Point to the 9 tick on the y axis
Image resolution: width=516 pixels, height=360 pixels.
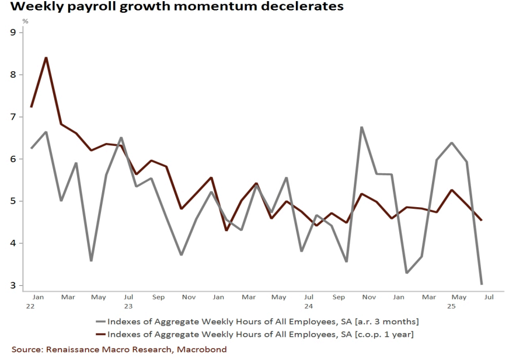pyautogui.click(x=13, y=33)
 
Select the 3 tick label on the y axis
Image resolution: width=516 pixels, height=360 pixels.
pyautogui.click(x=13, y=285)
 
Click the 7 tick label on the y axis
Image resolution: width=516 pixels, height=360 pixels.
pyautogui.click(x=13, y=117)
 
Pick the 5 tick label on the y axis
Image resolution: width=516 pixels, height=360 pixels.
pyautogui.click(x=13, y=201)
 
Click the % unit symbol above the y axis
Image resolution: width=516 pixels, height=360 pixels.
pyautogui.click(x=25, y=22)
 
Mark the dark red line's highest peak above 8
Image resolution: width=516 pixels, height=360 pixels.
pyautogui.click(x=46, y=57)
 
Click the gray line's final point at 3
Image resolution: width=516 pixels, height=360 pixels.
pyautogui.click(x=482, y=284)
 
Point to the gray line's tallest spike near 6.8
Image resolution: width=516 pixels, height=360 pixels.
pyautogui.click(x=361, y=127)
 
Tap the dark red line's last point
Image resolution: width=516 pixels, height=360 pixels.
pyautogui.click(x=482, y=220)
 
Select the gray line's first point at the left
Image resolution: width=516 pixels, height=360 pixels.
pyautogui.click(x=31, y=148)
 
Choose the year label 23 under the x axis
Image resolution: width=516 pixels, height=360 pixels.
pyautogui.click(x=128, y=306)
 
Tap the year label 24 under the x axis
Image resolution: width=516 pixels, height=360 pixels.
pyautogui.click(x=309, y=306)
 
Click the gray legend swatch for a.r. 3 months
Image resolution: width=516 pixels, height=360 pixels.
pyautogui.click(x=102, y=321)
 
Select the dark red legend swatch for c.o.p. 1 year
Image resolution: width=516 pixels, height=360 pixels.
pyautogui.click(x=102, y=334)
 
